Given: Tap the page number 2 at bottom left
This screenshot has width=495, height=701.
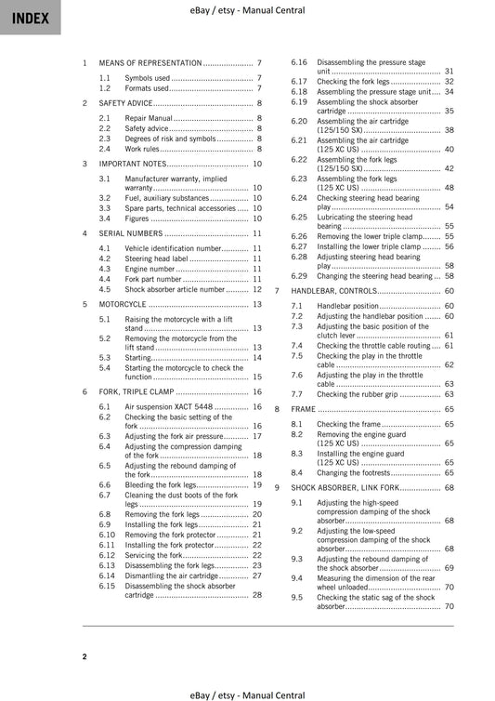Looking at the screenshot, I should click(x=85, y=656).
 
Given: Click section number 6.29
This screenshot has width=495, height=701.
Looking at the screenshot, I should click(x=299, y=276).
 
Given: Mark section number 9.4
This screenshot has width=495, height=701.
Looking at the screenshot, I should click(x=297, y=577).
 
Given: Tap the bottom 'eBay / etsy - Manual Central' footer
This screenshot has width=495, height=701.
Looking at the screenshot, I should click(x=246, y=694).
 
